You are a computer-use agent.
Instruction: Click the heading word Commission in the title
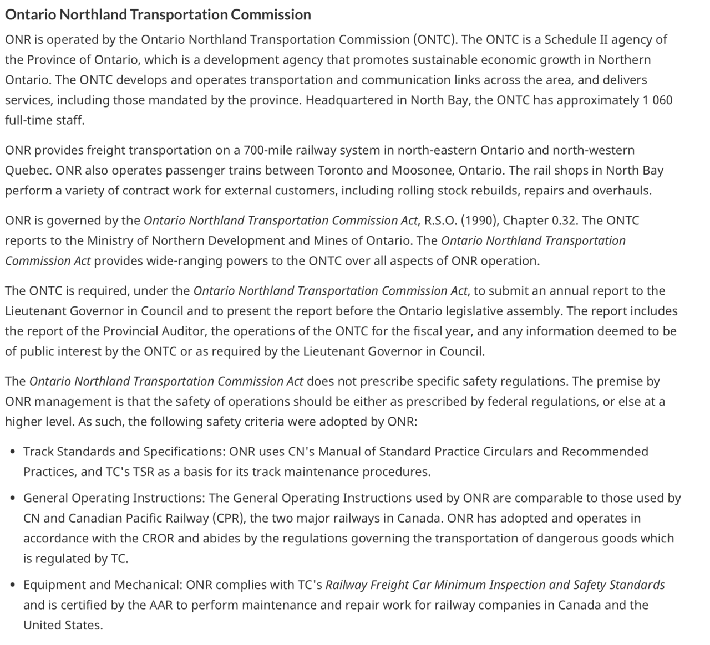click(271, 14)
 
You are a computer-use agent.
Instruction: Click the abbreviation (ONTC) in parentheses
click(434, 39)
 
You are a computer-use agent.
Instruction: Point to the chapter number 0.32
click(564, 221)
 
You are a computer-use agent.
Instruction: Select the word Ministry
click(108, 240)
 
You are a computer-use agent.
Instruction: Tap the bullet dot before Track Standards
click(12, 452)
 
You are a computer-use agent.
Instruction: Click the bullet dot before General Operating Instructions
click(12, 498)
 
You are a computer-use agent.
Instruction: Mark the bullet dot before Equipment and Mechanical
click(12, 585)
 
